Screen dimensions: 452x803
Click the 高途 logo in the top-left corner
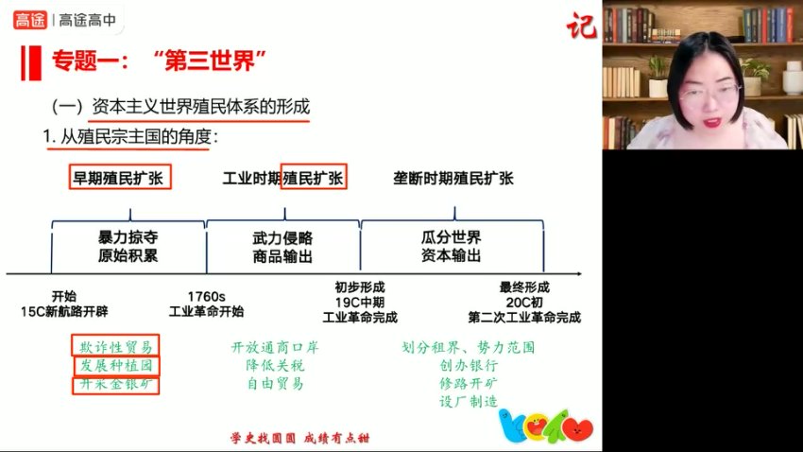pyautogui.click(x=34, y=19)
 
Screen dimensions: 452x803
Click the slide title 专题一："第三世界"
pyautogui.click(x=157, y=62)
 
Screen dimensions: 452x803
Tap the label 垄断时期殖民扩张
pyautogui.click(x=453, y=178)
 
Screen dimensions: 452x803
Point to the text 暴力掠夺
pyautogui.click(x=128, y=236)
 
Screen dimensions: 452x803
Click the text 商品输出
pyautogui.click(x=282, y=256)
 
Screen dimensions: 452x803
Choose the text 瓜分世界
pyautogui.click(x=452, y=236)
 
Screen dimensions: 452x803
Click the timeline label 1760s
pyautogui.click(x=206, y=295)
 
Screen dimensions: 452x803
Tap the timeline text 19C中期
pyautogui.click(x=360, y=303)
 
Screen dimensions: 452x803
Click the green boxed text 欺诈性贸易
pyautogui.click(x=115, y=346)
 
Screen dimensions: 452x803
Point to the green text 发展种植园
pyautogui.click(x=115, y=365)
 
